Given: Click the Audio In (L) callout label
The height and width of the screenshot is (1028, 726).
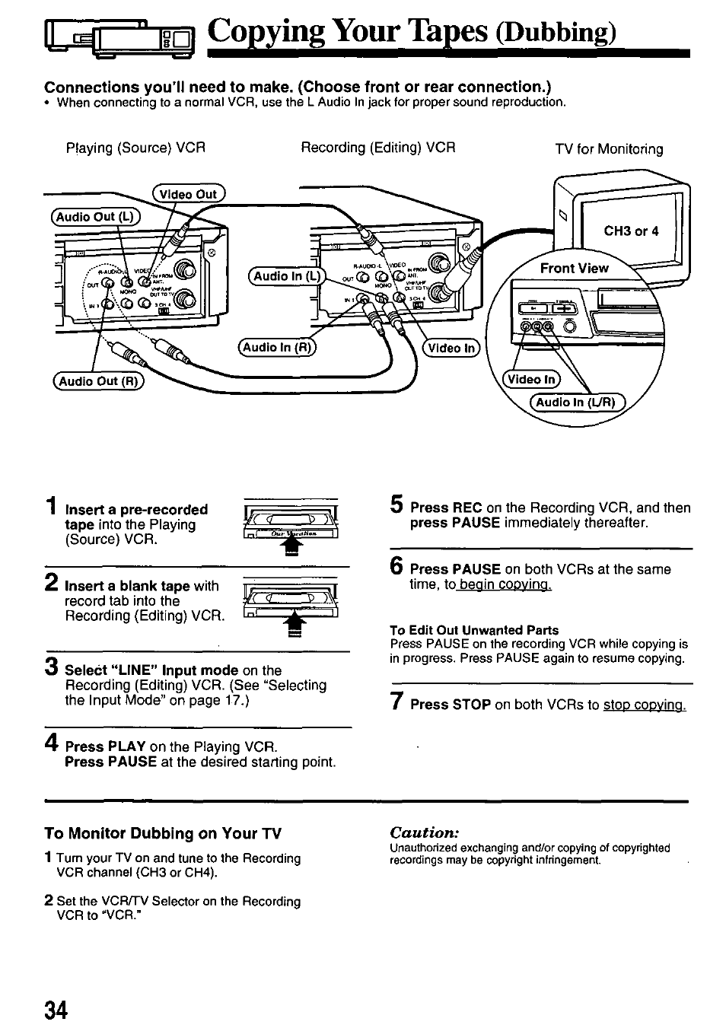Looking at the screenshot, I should (x=287, y=276).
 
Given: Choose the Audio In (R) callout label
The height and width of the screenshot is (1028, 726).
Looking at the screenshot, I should (x=278, y=347).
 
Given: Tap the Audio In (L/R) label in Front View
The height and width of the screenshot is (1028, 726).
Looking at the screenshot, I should (x=576, y=403).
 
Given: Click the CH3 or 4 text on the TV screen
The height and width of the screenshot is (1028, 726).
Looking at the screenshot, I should (x=631, y=231).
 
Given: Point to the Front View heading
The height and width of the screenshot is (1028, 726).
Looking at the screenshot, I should (x=574, y=268).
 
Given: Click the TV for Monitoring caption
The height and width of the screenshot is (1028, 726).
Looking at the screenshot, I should (x=609, y=149).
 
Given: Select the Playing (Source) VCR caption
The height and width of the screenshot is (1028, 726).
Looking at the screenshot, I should (x=135, y=148).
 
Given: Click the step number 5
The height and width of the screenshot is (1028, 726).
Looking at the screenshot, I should (x=396, y=504).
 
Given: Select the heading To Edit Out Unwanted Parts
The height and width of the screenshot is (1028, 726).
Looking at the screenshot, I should (x=474, y=630).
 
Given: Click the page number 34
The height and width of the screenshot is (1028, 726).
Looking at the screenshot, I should (x=56, y=1010).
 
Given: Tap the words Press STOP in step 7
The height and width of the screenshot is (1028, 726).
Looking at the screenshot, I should (x=450, y=705).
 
